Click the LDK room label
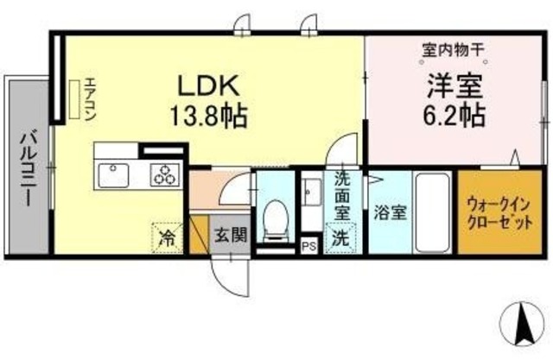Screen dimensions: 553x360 (x=208, y=86)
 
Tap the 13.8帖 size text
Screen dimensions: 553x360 (x=208, y=116)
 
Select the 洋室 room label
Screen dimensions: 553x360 (x=454, y=86)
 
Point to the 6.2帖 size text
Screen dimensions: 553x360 (x=454, y=115)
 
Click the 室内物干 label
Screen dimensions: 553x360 (x=453, y=50)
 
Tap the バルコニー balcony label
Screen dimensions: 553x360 (x=27, y=168)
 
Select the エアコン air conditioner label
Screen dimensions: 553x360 (x=90, y=99)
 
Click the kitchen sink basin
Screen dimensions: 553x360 (x=113, y=175)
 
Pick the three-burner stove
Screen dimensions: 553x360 (x=164, y=175)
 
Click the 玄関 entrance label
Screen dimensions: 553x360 (x=231, y=235)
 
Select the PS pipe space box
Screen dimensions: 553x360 (x=309, y=246)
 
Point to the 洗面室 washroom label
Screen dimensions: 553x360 (x=342, y=195)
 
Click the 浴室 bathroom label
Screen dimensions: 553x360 (x=391, y=213)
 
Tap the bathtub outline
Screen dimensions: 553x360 (x=433, y=212)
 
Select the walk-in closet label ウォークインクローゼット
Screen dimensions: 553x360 (x=499, y=212)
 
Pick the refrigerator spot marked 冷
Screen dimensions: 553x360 (x=168, y=237)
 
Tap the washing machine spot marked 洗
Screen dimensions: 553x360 (x=341, y=237)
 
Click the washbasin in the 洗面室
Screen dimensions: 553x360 (x=312, y=193)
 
